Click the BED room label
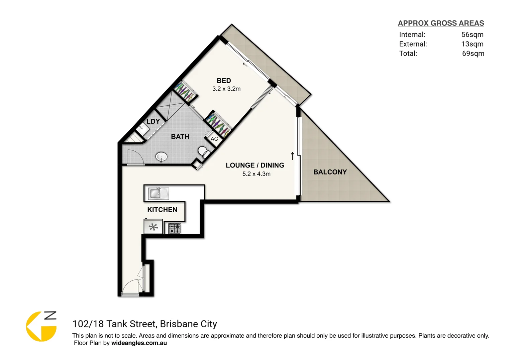[x=224, y=81]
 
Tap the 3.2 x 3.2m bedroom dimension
[x=226, y=89]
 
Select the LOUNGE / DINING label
[x=255, y=165]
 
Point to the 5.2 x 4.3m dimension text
[x=257, y=174]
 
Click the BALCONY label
[x=330, y=172]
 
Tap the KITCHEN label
[x=162, y=210]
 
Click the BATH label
[x=180, y=136]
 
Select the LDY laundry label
[x=153, y=121]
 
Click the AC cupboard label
[x=214, y=139]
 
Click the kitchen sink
[x=158, y=194]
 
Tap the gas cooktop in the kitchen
[x=175, y=228]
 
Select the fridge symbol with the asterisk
[x=153, y=227]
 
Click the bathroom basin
[x=162, y=156]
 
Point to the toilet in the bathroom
[x=203, y=152]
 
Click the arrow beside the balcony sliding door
[x=293, y=156]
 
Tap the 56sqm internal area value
[x=472, y=34]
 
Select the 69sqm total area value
[x=473, y=53]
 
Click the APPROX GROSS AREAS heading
[x=441, y=23]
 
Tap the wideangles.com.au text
[x=139, y=343]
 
